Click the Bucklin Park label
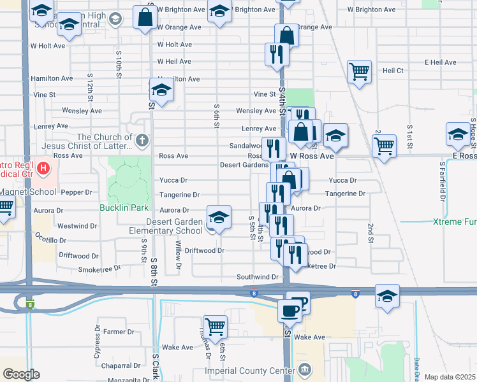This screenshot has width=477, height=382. tap(124, 208)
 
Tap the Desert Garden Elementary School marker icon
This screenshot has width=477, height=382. tap(219, 217)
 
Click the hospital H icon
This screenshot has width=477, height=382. tap(43, 169)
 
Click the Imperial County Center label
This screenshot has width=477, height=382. tap(260, 371)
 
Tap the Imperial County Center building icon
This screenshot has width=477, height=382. tap(305, 370)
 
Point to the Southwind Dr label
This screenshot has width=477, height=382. tap(258, 277)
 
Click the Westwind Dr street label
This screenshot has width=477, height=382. tap(77, 226)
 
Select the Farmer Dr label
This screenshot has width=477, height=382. tap(114, 332)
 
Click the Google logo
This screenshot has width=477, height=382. tap(21, 374)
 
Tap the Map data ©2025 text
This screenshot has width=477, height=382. tap(450, 377)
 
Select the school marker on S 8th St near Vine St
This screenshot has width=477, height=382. tap(161, 90)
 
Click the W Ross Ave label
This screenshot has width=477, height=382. tap(312, 156)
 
